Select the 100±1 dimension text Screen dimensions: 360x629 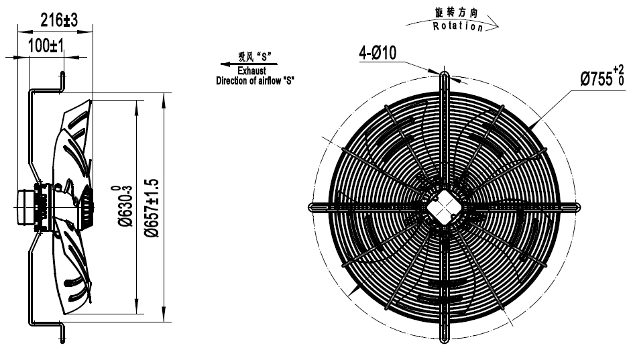tap(46, 46)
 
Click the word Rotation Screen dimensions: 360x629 tap(457, 26)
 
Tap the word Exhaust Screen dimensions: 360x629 tap(251, 70)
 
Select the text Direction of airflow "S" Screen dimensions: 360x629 tap(255, 80)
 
